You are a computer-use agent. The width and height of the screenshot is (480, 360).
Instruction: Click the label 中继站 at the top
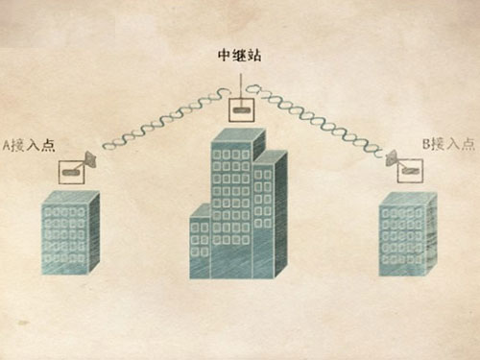[240, 56]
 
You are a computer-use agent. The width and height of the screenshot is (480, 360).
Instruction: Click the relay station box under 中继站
[240, 108]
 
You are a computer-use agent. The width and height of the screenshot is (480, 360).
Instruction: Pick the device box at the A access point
[70, 173]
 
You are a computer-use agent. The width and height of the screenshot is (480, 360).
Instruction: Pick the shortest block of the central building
[200, 245]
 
